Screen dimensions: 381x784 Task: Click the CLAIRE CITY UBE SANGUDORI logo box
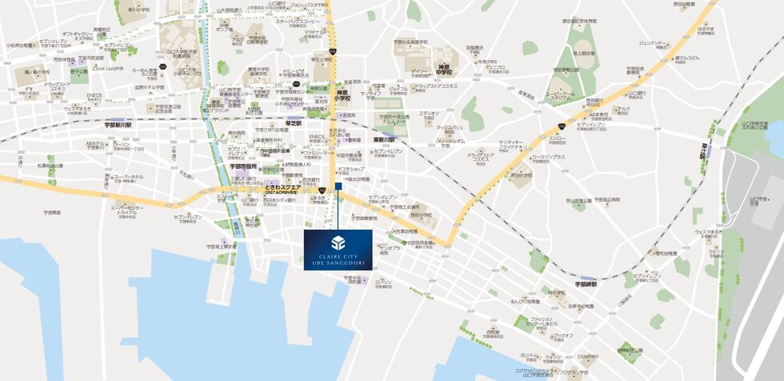[338, 250]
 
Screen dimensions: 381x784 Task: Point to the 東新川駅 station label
[385, 139]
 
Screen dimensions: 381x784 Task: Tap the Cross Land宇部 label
[109, 68]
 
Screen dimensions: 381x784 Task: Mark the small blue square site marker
[338, 186]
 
